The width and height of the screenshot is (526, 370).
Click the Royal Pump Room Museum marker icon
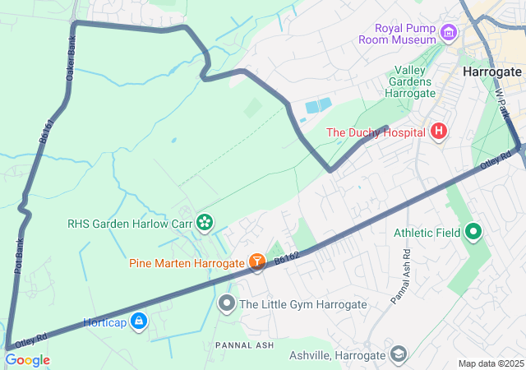[448, 34]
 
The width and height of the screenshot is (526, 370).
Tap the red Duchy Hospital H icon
[439, 132]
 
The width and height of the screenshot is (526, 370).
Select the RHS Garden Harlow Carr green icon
[205, 222]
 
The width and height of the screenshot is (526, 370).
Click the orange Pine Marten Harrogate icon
[257, 262]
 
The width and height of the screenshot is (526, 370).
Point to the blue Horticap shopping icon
[139, 321]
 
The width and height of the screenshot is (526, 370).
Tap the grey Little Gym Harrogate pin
[227, 304]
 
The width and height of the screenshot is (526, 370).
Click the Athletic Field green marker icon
[473, 233]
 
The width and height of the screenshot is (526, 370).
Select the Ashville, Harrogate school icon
[399, 354]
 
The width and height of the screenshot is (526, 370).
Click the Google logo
[27, 360]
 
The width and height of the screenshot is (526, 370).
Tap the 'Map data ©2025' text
[490, 363]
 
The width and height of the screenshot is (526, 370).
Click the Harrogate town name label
[492, 72]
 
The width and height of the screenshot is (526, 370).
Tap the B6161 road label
[47, 132]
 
